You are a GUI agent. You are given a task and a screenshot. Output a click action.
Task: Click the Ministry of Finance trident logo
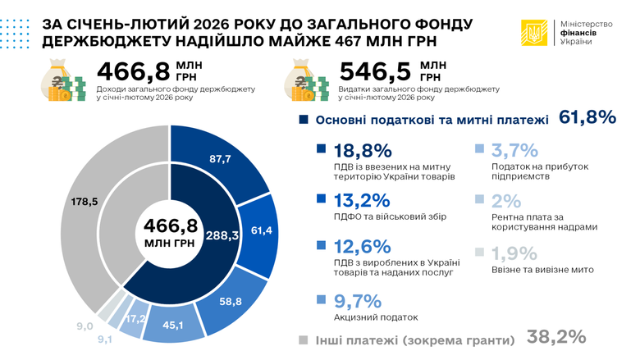pos(535,31)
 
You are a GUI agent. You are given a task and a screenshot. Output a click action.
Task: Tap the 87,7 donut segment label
pos(217,159)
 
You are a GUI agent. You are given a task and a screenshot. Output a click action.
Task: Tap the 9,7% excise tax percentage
pos(359,299)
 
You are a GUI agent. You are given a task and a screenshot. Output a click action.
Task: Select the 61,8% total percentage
pos(587,119)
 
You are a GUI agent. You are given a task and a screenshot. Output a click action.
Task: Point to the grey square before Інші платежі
pos(303,338)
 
